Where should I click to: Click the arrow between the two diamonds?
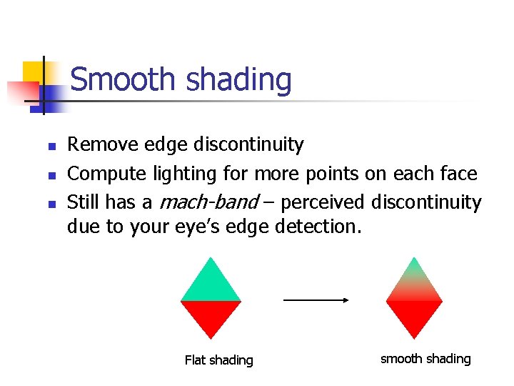[315, 300]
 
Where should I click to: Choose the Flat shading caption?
[218, 360]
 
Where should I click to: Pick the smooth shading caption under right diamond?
[425, 359]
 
